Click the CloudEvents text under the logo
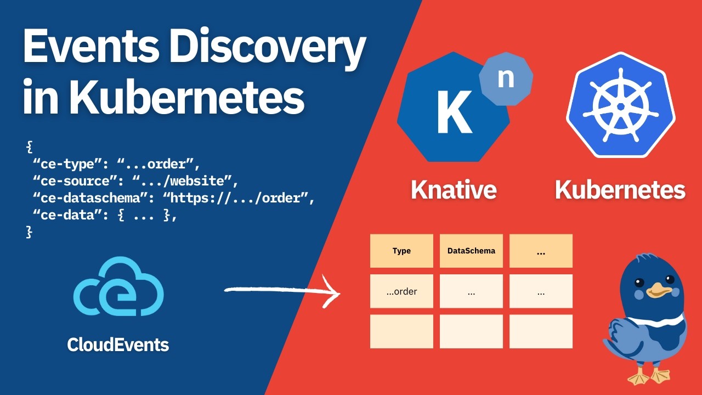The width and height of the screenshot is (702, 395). click(118, 345)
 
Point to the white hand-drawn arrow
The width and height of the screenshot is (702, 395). click(282, 291)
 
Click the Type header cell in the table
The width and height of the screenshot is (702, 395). click(401, 251)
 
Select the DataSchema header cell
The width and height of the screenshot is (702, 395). click(471, 251)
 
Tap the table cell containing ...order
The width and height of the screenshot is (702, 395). click(401, 291)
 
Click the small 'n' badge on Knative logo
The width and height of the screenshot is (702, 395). click(505, 78)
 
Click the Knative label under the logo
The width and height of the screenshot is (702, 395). click(454, 190)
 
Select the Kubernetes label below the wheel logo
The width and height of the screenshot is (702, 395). click(620, 190)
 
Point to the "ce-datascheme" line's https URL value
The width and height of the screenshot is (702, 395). click(239, 198)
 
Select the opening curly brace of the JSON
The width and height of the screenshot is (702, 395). click(29, 147)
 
